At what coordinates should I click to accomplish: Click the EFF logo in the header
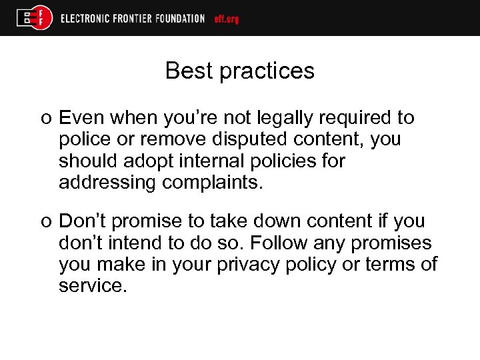[35, 18]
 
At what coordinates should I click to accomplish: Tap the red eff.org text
[227, 19]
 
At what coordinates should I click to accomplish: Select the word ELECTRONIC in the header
[85, 19]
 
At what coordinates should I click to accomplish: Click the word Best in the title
[187, 71]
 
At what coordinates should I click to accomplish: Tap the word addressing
[107, 183]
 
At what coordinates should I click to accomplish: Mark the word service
[93, 285]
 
